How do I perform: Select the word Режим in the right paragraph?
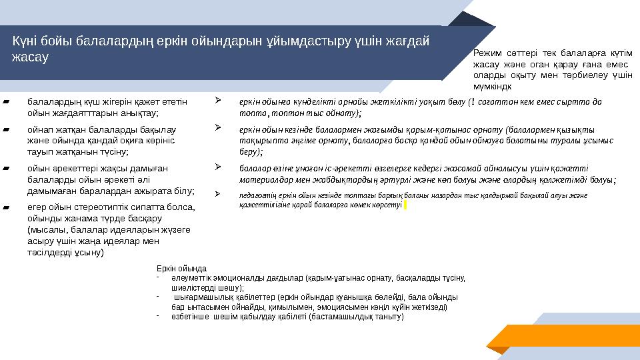[485, 53]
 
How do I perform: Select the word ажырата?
[152, 191]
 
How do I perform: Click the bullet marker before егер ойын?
[5, 207]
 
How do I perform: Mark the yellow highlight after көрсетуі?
[405, 205]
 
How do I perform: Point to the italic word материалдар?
[261, 178]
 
